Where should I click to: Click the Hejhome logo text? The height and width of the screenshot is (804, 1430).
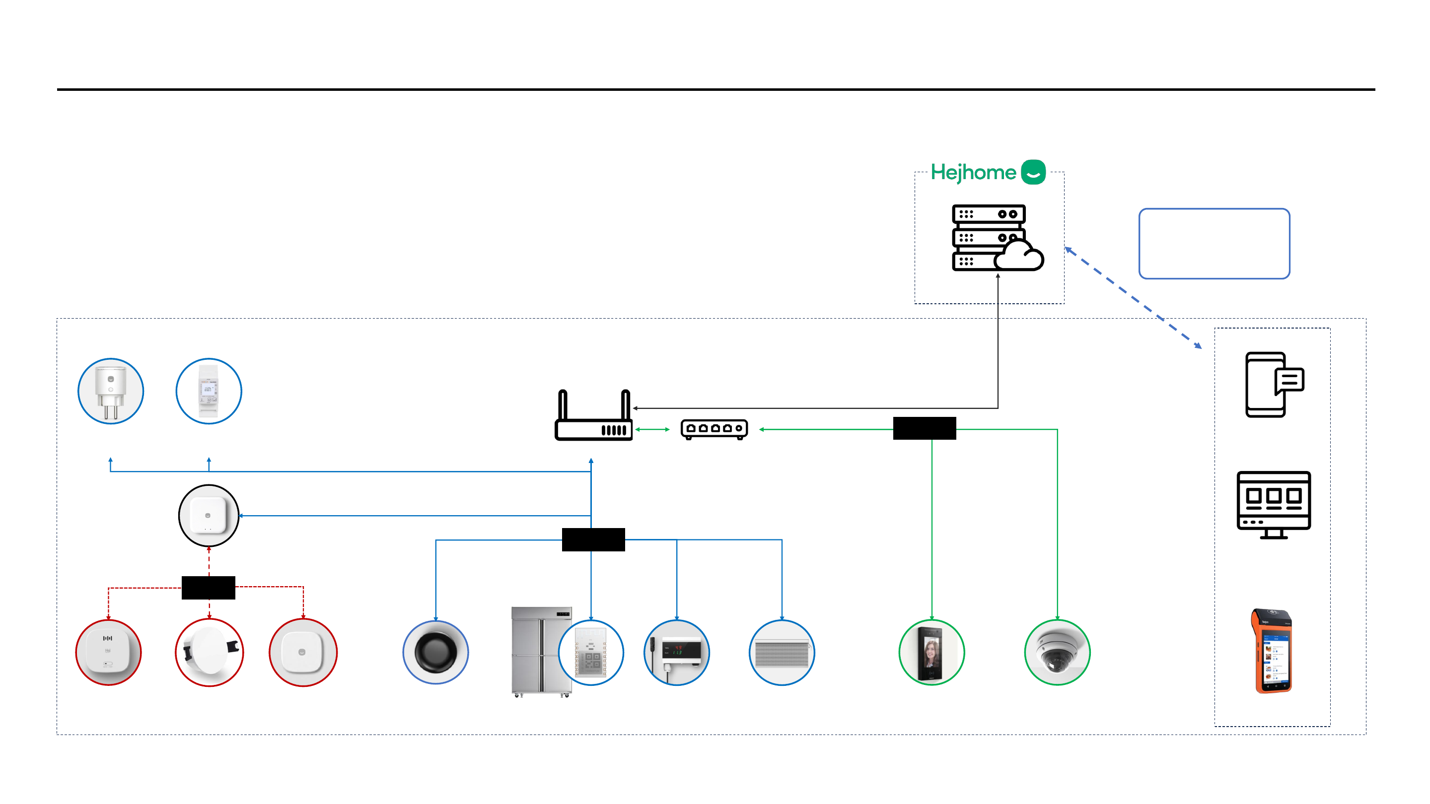pyautogui.click(x=973, y=173)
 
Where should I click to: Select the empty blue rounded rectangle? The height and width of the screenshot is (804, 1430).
pyautogui.click(x=1214, y=244)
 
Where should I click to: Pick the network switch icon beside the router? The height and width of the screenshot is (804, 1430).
pyautogui.click(x=714, y=429)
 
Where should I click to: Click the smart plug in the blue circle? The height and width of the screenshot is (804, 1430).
pyautogui.click(x=110, y=391)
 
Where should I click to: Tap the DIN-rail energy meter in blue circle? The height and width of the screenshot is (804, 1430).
pyautogui.click(x=209, y=391)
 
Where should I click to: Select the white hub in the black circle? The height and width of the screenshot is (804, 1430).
pyautogui.click(x=209, y=516)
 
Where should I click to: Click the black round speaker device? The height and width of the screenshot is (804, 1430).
pyautogui.click(x=436, y=652)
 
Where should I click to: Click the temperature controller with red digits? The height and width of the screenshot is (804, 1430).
pyautogui.click(x=677, y=652)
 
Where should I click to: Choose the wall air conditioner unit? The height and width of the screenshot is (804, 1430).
pyautogui.click(x=782, y=653)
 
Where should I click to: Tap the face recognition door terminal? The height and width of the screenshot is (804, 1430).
pyautogui.click(x=931, y=653)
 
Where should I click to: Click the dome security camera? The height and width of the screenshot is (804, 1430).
pyautogui.click(x=1057, y=653)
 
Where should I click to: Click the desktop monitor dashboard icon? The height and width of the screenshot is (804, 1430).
pyautogui.click(x=1274, y=504)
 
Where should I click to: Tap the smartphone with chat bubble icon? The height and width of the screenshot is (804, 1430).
pyautogui.click(x=1274, y=384)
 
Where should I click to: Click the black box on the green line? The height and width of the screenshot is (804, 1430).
pyautogui.click(x=924, y=428)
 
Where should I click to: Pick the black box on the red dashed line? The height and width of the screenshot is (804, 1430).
pyautogui.click(x=208, y=588)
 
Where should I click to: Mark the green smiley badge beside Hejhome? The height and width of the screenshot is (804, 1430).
pyautogui.click(x=1033, y=172)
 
